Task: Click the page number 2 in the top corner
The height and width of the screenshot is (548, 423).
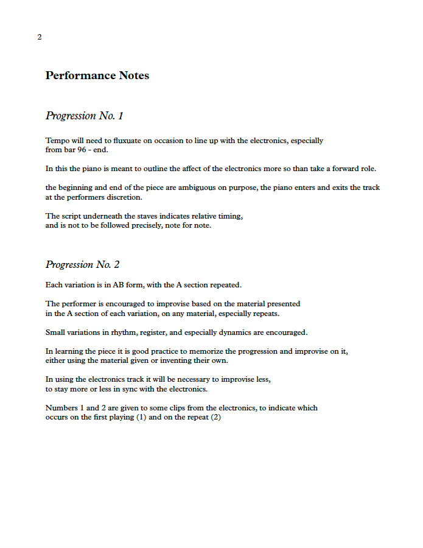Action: point(40,37)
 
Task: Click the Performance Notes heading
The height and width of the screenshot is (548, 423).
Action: point(97,76)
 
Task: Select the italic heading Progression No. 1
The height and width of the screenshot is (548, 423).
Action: point(85,116)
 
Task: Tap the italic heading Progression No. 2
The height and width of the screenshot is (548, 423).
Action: point(83,264)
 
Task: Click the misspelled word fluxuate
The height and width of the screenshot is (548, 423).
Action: point(128,140)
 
